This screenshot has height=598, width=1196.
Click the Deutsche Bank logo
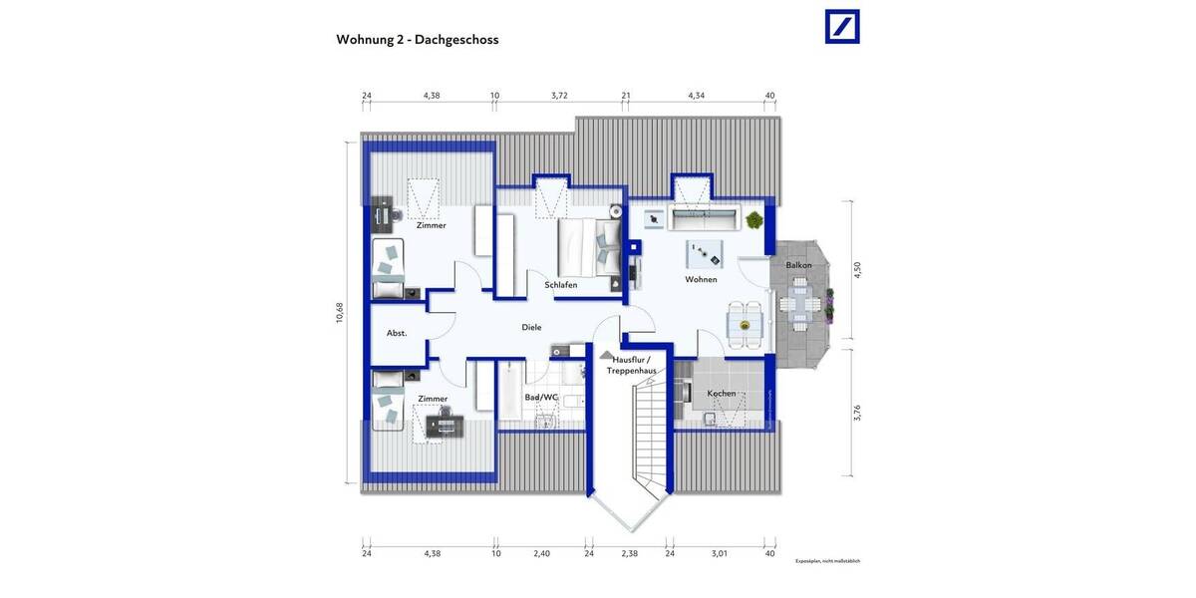(842, 27)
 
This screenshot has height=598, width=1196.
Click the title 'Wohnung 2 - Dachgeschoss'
(418, 40)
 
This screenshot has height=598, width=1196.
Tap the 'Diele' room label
(531, 327)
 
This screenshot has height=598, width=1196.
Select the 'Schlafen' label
(561, 285)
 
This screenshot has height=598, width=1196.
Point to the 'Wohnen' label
(701, 280)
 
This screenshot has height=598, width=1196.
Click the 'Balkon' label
(798, 265)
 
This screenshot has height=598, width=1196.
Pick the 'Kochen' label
(722, 394)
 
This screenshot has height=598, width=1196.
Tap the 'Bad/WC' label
(541, 398)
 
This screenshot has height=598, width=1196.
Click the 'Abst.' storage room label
(397, 333)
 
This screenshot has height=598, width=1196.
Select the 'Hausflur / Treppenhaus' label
(631, 365)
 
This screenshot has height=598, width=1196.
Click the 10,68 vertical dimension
(340, 312)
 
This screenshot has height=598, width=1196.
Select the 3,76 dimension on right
(856, 413)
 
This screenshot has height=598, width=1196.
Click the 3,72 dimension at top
(559, 96)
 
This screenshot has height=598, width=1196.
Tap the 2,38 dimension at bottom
(629, 553)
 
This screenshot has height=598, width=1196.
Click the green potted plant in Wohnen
(754, 219)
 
